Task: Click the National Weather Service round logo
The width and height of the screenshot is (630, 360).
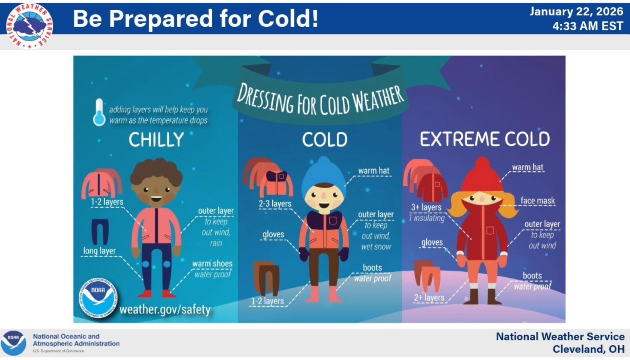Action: pyautogui.click(x=30, y=26)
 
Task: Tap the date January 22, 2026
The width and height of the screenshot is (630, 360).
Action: pyautogui.click(x=576, y=11)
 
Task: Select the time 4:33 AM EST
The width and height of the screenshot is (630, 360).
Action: pyautogui.click(x=588, y=26)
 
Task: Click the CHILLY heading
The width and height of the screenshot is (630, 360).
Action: pyautogui.click(x=156, y=139)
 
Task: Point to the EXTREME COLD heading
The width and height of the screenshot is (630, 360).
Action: pyautogui.click(x=485, y=139)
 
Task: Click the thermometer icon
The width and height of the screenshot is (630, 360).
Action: pyautogui.click(x=99, y=112)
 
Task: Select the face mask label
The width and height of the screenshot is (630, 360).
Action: pyautogui.click(x=537, y=201)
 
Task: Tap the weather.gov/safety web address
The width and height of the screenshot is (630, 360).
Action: pyautogui.click(x=165, y=309)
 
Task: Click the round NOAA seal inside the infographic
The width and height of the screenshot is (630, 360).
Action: pyautogui.click(x=98, y=298)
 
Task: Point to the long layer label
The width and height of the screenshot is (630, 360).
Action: pyautogui.click(x=99, y=251)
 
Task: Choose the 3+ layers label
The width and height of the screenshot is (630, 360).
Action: pyautogui.click(x=426, y=207)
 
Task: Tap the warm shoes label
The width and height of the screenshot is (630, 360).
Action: pyautogui.click(x=212, y=264)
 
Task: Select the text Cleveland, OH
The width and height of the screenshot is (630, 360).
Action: pyautogui.click(x=588, y=349)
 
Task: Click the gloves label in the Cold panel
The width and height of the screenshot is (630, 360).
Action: pyautogui.click(x=273, y=234)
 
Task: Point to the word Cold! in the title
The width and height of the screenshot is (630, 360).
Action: pyautogui.click(x=288, y=19)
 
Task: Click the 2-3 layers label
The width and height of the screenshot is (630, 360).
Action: pyautogui.click(x=275, y=204)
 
